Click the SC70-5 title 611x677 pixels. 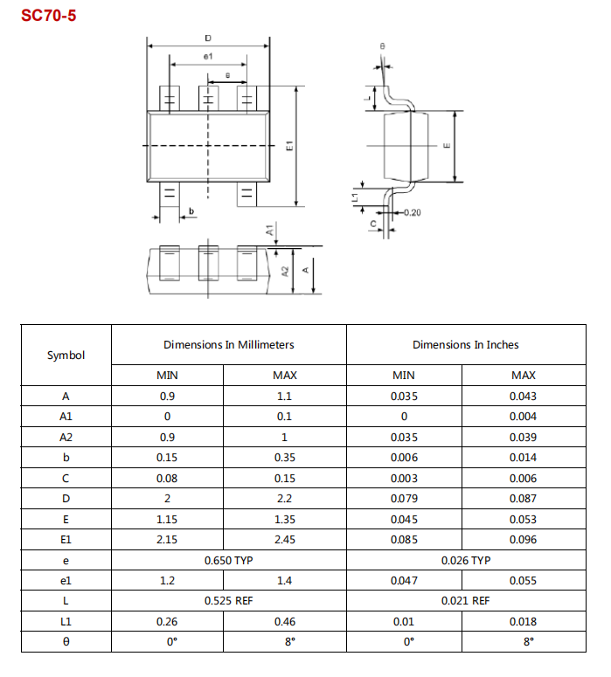coord(49,15)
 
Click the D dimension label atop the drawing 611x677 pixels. coord(207,38)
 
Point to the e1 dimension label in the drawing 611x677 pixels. coord(208,57)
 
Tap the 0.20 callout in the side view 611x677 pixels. coord(413,212)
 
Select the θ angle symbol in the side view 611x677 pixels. coord(383,45)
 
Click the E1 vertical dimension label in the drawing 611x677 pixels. coord(289,147)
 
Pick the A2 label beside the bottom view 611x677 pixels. coord(285,270)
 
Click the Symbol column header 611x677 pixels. coord(66,355)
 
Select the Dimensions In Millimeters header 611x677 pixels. coord(228,345)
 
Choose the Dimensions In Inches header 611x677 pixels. coord(465,345)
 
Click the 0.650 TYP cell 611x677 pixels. coord(228,560)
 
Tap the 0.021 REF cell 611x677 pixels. coord(465,601)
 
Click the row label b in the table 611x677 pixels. coord(66,458)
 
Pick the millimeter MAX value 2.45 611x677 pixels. coord(284,540)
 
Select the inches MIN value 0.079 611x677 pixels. coord(404,499)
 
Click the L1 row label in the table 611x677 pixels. coord(66,622)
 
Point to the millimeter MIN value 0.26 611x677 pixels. coord(167,622)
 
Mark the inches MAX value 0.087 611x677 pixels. coord(523,499)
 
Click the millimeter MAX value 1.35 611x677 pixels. coord(284,520)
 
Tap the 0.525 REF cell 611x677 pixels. coord(228,601)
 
